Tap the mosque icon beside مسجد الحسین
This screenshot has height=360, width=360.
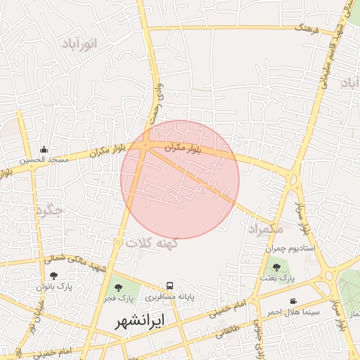coord(44,149)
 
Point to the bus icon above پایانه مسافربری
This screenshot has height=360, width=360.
coord(169,285)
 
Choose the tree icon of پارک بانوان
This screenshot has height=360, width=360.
coord(54,275)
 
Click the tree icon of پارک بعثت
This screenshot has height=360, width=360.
coord(276,267)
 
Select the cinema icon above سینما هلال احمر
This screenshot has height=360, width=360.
coord(292,301)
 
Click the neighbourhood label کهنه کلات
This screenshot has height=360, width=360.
coord(152,243)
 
